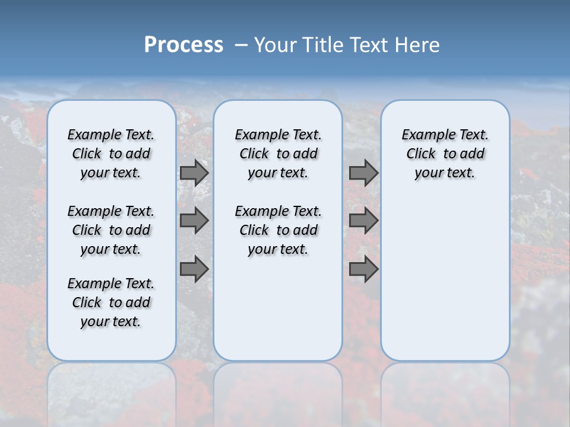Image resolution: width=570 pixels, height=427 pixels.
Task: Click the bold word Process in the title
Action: pyautogui.click(x=183, y=45)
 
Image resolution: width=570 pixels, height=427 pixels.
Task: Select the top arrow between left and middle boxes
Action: pyautogui.click(x=194, y=173)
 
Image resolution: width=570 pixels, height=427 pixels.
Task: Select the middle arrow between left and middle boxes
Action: pyautogui.click(x=194, y=221)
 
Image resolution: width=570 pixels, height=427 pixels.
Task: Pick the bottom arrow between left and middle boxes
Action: pyautogui.click(x=194, y=269)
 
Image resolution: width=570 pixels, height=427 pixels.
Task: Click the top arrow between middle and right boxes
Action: pyautogui.click(x=363, y=173)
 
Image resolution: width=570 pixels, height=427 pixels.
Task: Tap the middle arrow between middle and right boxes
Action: pyautogui.click(x=363, y=221)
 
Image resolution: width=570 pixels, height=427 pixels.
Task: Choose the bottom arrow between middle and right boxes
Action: pyautogui.click(x=363, y=269)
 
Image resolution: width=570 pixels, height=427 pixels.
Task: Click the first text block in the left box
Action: pyautogui.click(x=111, y=154)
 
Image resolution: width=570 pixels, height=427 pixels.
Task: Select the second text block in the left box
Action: pyautogui.click(x=111, y=230)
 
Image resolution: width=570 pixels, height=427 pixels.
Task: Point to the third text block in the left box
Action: pyautogui.click(x=111, y=302)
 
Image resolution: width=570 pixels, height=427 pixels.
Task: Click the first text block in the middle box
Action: pyautogui.click(x=278, y=154)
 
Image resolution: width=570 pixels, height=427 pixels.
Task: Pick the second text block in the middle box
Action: pyautogui.click(x=278, y=230)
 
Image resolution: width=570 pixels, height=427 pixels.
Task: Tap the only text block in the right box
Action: pyautogui.click(x=445, y=154)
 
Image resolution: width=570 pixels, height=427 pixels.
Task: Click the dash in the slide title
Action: pyautogui.click(x=240, y=45)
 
